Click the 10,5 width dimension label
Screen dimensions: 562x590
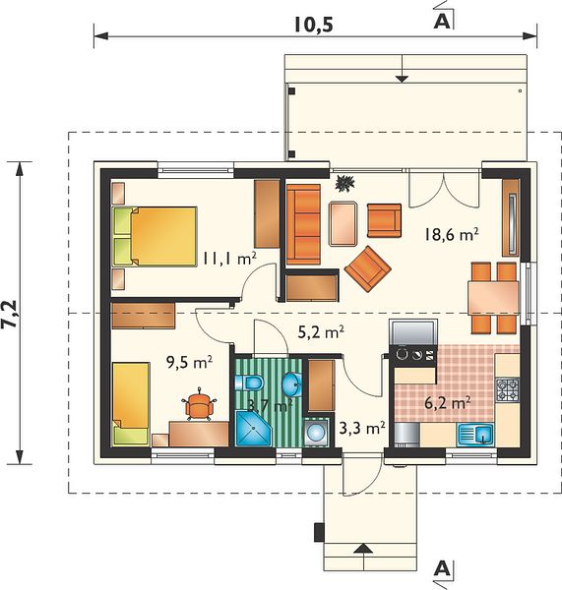314,26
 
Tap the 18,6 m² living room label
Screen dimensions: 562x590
452,235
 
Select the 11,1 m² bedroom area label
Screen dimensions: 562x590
229,259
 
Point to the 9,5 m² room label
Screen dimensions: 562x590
190,363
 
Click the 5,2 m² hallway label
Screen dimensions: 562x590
321,332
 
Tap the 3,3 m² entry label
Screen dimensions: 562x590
362,428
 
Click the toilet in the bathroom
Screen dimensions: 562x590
249,383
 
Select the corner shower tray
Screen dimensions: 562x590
253,429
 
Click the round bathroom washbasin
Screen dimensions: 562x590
292,384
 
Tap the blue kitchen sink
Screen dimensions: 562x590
475,435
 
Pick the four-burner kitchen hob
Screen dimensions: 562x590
508,389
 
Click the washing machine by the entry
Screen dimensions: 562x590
316,432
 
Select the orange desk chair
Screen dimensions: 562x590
199,405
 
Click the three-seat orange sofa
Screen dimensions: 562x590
303,224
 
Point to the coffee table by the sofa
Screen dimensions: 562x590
343,224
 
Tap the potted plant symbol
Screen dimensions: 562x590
345,184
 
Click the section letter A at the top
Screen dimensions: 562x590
442,23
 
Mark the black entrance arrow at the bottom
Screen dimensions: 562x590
363,549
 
